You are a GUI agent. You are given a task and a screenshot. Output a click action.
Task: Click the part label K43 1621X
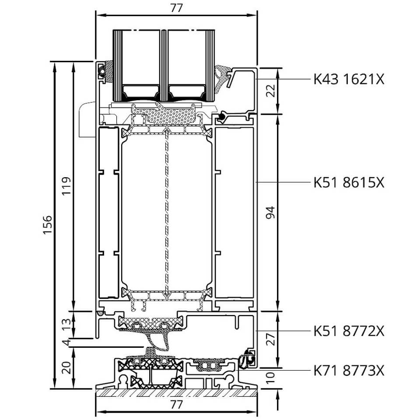[349, 79]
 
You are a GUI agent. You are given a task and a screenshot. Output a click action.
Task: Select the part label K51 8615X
[349, 183]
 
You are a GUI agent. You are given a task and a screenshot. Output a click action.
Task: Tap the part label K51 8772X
[349, 331]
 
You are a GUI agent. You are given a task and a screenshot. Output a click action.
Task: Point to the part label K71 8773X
[349, 371]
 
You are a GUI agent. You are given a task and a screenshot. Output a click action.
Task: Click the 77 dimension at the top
[176, 8]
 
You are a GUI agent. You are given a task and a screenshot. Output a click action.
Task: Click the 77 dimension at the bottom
[176, 405]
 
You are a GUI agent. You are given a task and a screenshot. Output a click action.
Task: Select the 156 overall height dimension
[47, 225]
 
